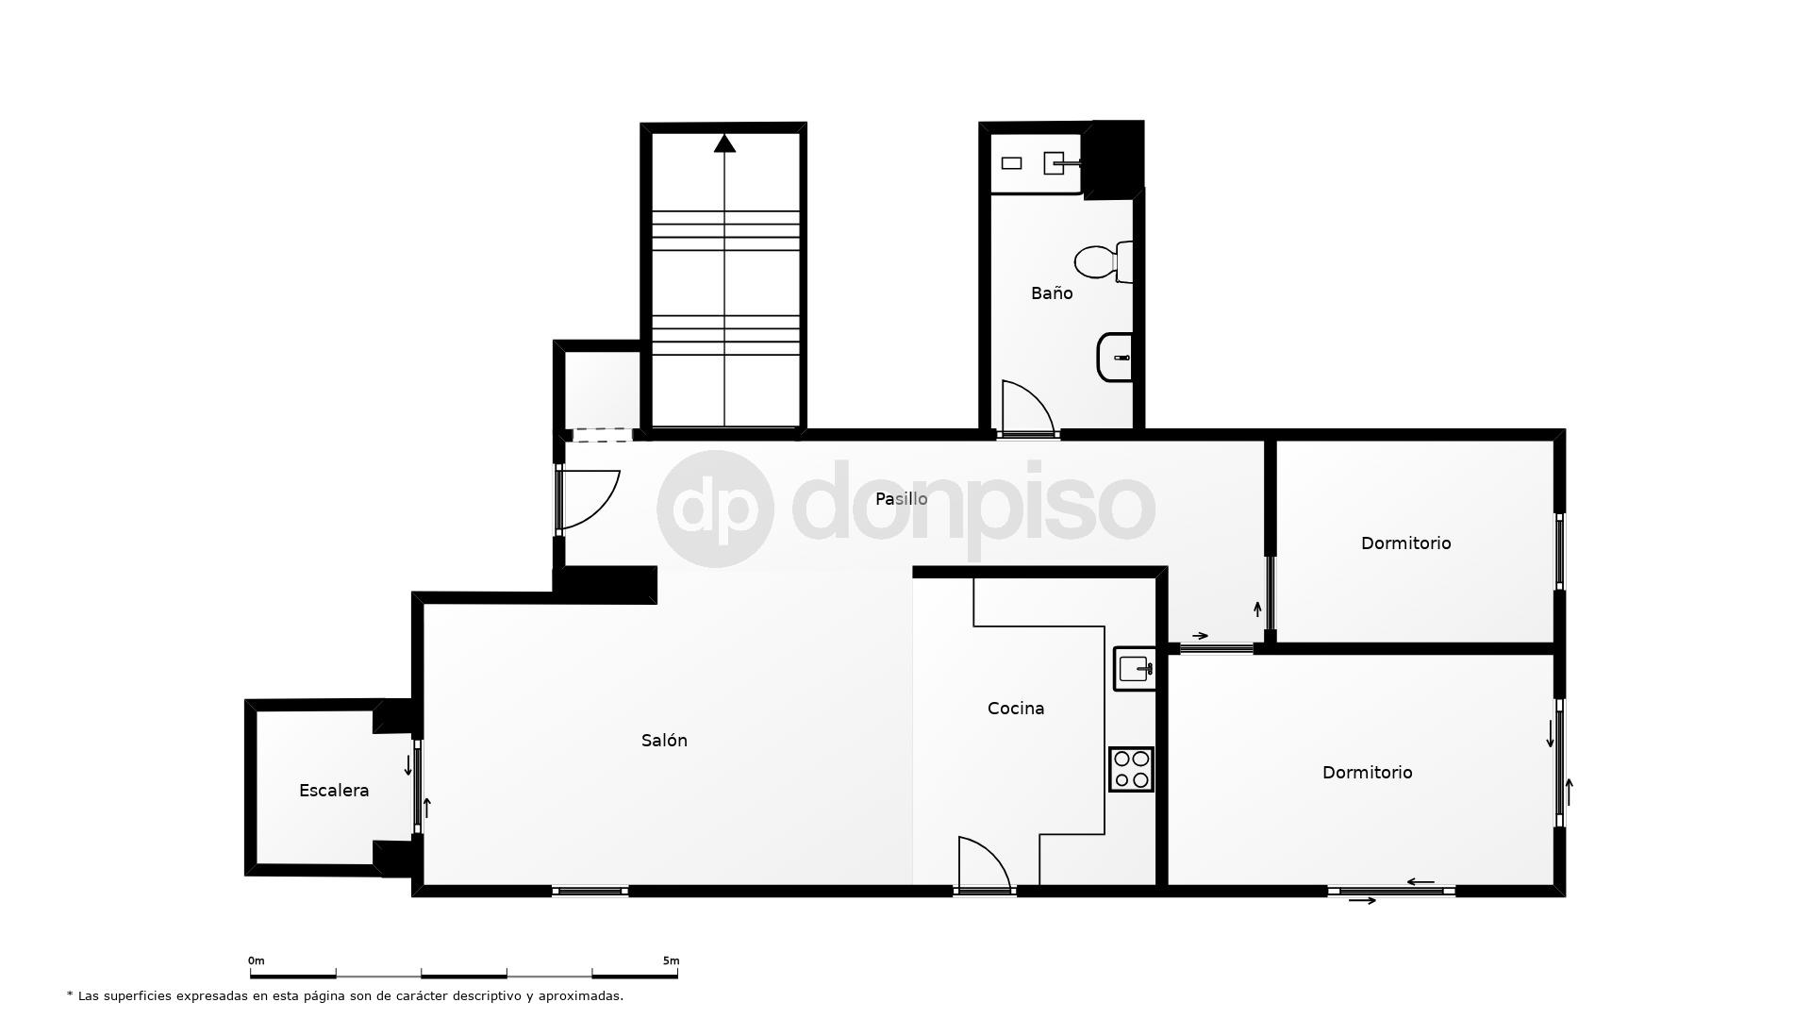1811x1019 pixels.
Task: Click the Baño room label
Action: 1052,293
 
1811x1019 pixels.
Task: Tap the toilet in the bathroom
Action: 1102,262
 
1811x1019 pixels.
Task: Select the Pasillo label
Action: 901,499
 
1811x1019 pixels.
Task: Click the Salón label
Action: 664,741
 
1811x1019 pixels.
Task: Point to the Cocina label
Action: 1016,709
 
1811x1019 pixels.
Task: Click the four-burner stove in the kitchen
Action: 1131,769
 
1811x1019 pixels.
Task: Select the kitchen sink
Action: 1135,669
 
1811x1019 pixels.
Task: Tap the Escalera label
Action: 334,791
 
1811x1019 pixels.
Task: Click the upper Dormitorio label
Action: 1405,543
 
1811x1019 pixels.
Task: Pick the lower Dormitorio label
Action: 1367,773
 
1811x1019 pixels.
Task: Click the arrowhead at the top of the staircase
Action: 724,143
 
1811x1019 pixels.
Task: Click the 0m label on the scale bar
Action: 257,961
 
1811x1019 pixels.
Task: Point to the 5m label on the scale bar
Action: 671,961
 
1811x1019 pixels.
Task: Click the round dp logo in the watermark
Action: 715,509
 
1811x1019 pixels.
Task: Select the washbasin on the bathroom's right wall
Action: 1115,358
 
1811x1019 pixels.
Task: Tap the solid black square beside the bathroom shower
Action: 1116,159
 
